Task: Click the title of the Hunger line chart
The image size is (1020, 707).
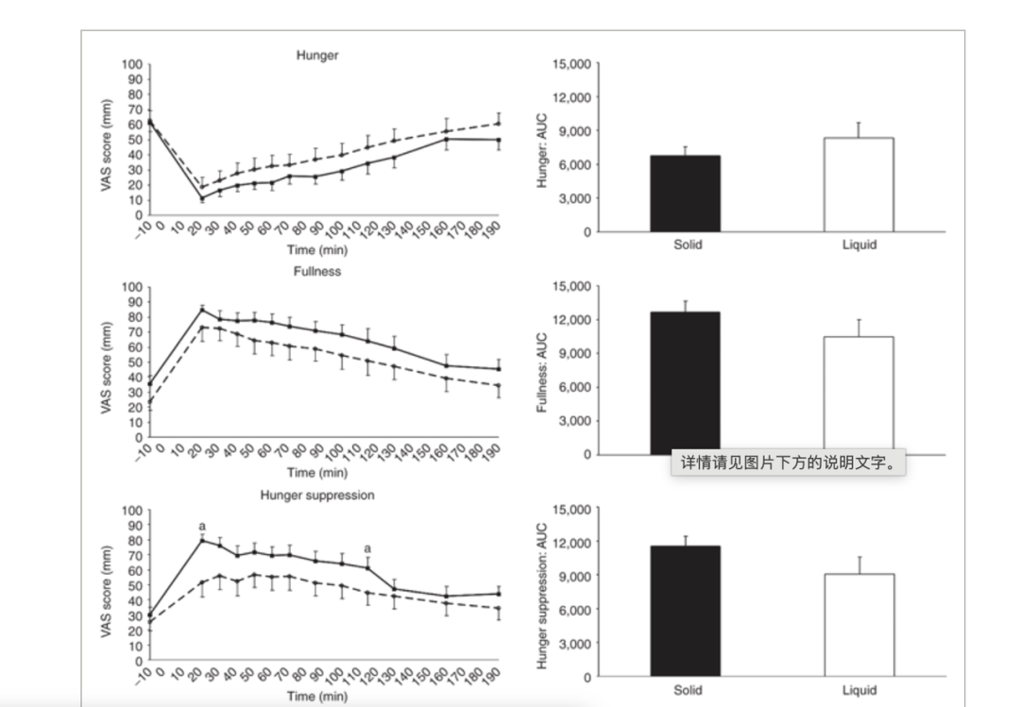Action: coord(316,56)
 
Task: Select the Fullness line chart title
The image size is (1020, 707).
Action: coord(316,271)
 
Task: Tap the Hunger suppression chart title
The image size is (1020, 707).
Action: coord(317,495)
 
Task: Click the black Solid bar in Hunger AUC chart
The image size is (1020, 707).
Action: coord(685,194)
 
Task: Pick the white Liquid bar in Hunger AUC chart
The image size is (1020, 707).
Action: coord(858,185)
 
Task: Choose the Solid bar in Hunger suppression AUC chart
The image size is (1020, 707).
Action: coord(685,611)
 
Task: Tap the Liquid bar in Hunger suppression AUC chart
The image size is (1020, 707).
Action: coord(858,625)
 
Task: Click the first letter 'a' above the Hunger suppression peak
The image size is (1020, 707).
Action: coord(202,527)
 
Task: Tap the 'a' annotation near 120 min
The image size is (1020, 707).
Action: coord(367,548)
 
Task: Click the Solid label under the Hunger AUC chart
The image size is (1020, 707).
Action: coord(688,244)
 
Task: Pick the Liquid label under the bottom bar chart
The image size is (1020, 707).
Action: coord(859,690)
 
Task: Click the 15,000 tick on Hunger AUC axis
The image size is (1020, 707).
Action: coord(570,64)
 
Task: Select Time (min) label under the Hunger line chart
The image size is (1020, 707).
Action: coord(316,250)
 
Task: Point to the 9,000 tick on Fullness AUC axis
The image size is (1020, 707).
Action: coord(573,353)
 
